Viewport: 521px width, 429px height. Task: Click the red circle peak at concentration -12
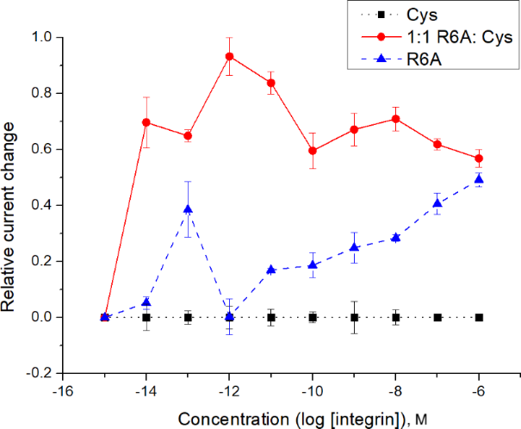tap(230, 57)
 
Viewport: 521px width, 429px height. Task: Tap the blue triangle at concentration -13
tap(188, 209)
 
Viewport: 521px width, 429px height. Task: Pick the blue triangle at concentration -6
tap(480, 179)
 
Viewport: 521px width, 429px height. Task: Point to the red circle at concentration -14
tap(146, 122)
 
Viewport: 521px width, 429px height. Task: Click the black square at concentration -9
tap(354, 317)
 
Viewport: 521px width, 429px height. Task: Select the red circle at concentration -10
tap(313, 151)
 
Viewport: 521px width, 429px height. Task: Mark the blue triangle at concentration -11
tap(271, 270)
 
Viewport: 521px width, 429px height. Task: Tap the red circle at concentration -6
tap(480, 159)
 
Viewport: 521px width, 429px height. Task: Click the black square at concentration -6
tap(480, 317)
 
